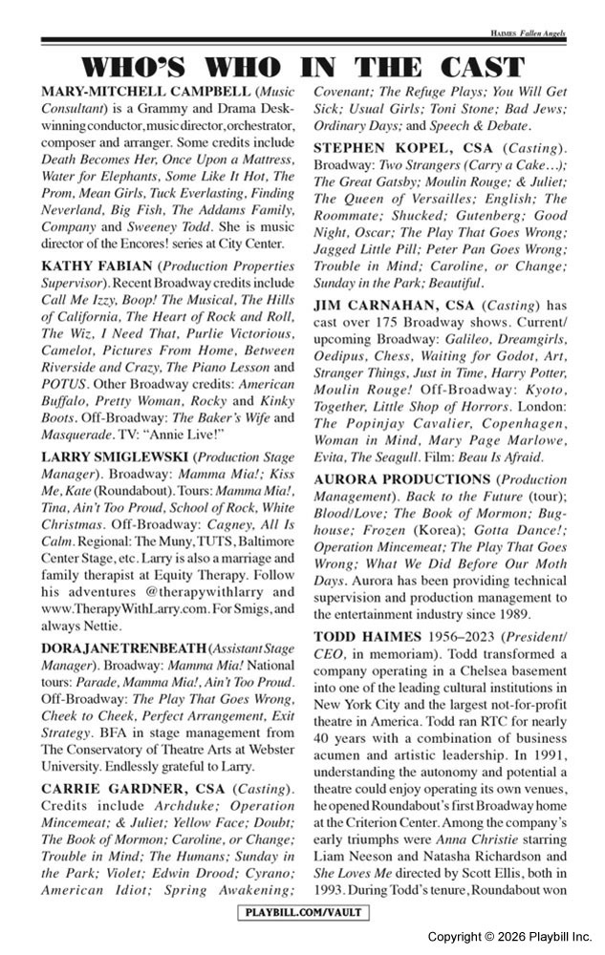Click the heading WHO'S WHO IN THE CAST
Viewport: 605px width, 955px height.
[x=303, y=67]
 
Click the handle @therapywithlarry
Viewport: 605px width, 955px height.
[x=187, y=592]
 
